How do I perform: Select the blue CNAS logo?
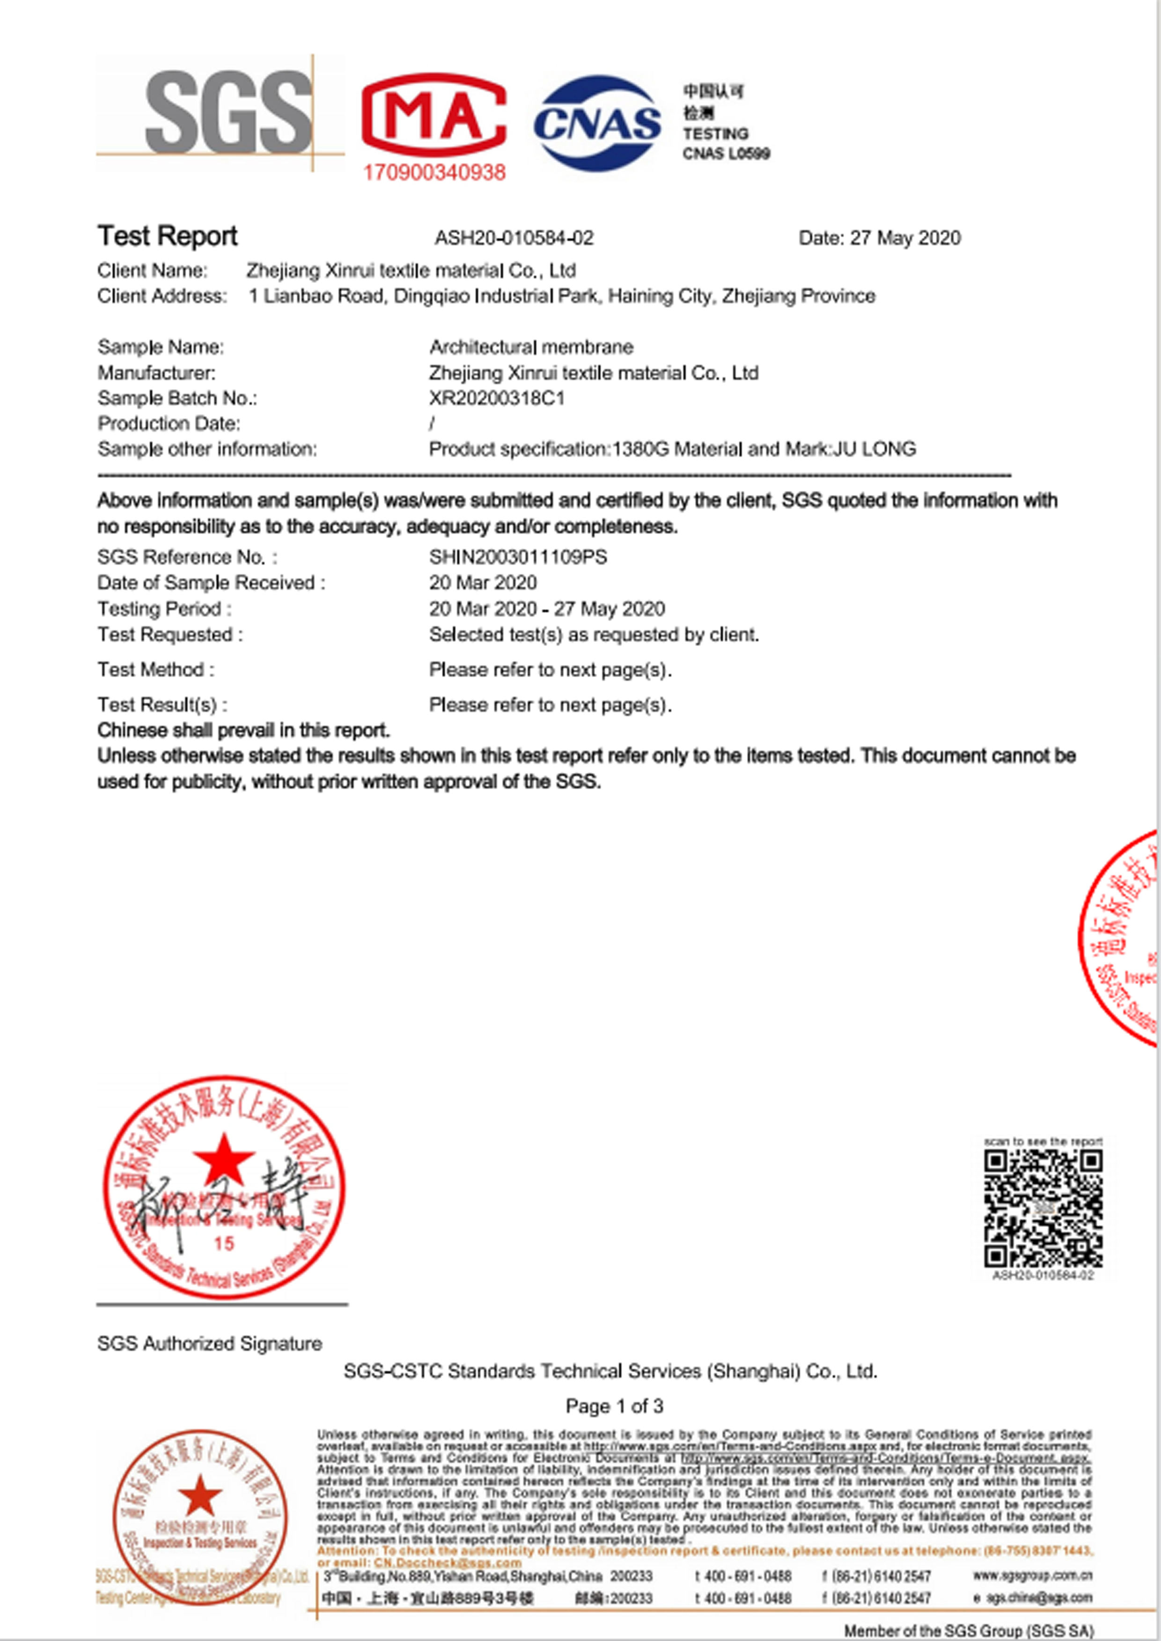(x=598, y=123)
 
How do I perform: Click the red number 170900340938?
(x=434, y=172)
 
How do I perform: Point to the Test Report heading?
(x=167, y=236)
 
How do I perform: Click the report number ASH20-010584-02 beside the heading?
(x=514, y=238)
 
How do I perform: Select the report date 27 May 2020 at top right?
(x=905, y=238)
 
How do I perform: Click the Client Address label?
(x=162, y=296)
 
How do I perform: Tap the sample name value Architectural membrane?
(x=531, y=347)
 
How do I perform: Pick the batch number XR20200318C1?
(x=497, y=398)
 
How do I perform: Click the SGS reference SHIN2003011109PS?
(x=518, y=557)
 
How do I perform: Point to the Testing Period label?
(x=164, y=609)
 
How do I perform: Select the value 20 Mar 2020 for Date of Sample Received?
(x=483, y=583)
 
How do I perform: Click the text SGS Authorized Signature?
(x=209, y=1344)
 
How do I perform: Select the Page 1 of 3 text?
(x=614, y=1407)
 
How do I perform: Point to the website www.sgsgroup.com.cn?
(x=1032, y=1576)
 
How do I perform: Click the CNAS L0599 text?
(x=726, y=153)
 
